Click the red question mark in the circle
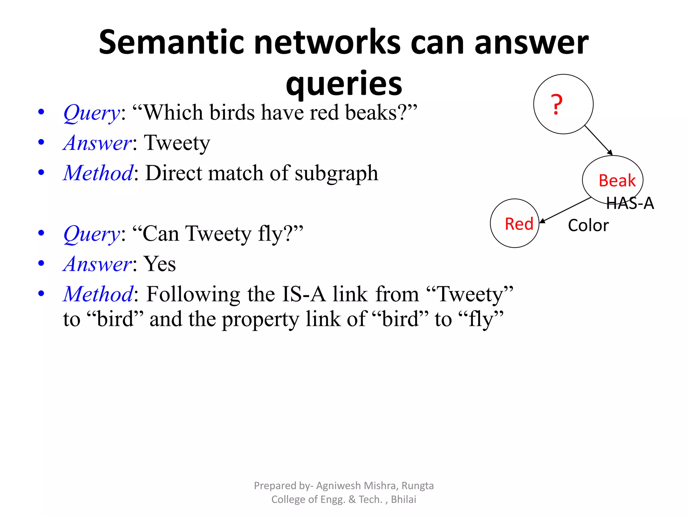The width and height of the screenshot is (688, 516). [557, 104]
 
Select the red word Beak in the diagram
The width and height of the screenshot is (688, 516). [617, 181]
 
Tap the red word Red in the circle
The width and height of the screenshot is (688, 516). [519, 224]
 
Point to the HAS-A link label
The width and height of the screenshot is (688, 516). [630, 203]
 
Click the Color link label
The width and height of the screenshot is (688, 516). [588, 225]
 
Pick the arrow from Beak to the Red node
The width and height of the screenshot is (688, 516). [565, 210]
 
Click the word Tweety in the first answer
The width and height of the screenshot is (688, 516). [177, 143]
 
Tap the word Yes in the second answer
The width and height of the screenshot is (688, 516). [160, 264]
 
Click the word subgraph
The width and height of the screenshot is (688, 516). [336, 173]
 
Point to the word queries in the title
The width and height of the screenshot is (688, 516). [344, 83]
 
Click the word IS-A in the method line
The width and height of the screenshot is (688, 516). [304, 294]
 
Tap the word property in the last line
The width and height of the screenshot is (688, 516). [260, 319]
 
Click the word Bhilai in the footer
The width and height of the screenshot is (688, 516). [403, 500]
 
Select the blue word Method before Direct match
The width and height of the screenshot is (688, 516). [98, 173]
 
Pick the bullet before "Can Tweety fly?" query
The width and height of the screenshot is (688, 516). [41, 233]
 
